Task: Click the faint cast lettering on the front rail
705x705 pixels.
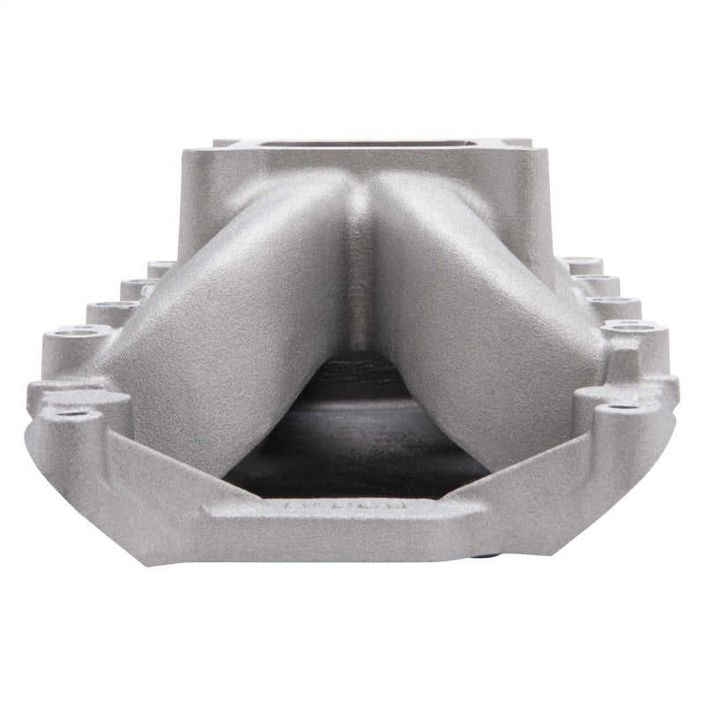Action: click(345, 508)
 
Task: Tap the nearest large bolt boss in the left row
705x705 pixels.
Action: click(78, 332)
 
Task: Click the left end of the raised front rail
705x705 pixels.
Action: click(211, 509)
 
